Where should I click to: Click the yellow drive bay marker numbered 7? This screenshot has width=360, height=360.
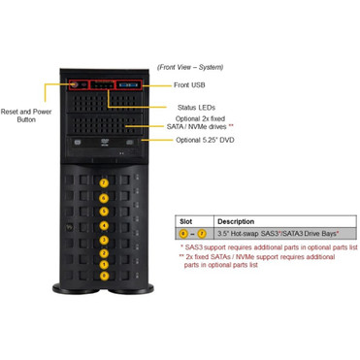click(104, 182)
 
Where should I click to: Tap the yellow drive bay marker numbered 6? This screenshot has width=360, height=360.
click(104, 197)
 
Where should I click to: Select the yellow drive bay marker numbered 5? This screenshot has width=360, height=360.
click(104, 211)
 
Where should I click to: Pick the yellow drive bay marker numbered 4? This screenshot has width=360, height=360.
click(104, 225)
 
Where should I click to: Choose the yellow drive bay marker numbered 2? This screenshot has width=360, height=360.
click(104, 253)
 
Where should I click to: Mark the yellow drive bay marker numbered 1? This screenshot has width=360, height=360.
click(104, 267)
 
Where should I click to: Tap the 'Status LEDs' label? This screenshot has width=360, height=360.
click(195, 107)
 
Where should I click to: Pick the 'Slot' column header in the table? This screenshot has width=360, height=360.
click(185, 221)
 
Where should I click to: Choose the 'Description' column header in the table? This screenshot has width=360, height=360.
click(236, 221)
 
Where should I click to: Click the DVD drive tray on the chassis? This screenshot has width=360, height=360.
click(104, 145)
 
